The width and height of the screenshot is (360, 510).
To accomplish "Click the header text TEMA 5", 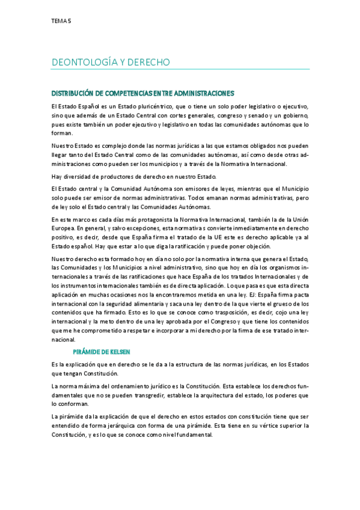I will click(x=61, y=20).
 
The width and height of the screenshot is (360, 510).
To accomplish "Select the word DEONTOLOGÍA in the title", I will click(x=82, y=62).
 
